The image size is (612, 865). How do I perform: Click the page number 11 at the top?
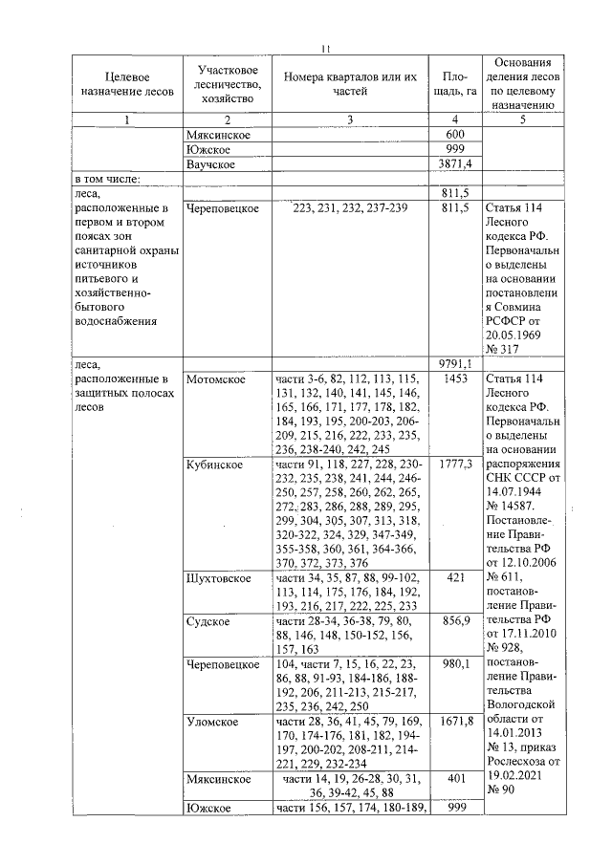325,49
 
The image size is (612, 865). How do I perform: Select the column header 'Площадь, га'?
455,83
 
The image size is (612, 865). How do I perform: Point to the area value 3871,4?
455,164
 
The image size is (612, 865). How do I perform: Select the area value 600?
455,135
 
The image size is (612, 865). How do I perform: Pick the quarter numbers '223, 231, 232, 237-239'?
350,207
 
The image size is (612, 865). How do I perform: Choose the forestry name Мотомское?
216,379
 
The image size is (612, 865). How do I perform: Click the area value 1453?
455,379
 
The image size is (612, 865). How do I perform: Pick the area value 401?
455,779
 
